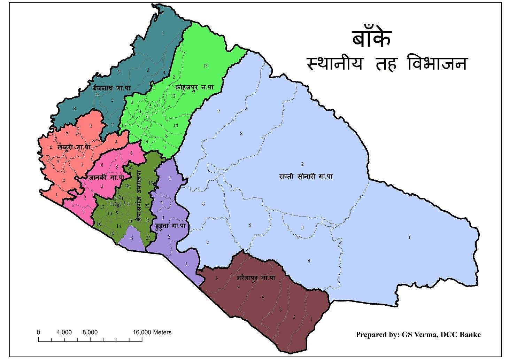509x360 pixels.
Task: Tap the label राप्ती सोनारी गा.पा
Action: coord(306,176)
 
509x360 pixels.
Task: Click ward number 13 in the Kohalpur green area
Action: coord(205,66)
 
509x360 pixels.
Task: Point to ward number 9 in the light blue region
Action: coord(218,111)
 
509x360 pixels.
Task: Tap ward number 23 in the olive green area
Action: coord(148,238)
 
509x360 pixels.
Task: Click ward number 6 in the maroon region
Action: coord(216,278)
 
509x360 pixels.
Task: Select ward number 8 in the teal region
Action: coord(75,109)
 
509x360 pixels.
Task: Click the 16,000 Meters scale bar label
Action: coord(152,332)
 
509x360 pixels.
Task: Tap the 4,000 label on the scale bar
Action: coord(64,332)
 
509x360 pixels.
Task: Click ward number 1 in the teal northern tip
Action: coord(162,33)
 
